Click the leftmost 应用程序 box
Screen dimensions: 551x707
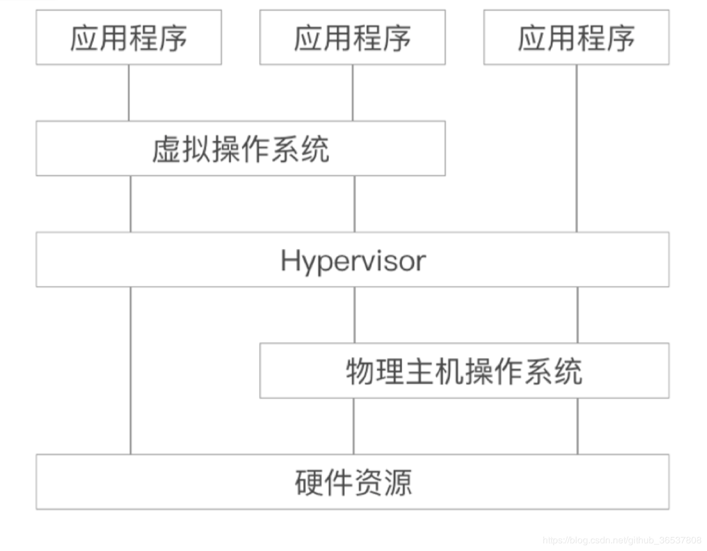pyautogui.click(x=128, y=37)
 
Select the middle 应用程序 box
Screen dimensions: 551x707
pyautogui.click(x=352, y=37)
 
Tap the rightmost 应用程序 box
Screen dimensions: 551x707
pyautogui.click(x=576, y=37)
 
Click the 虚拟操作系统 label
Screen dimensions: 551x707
pyautogui.click(x=240, y=149)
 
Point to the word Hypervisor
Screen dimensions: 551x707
pyautogui.click(x=352, y=260)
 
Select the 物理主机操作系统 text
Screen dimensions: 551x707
pyautogui.click(x=464, y=371)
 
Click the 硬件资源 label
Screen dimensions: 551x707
pyautogui.click(x=352, y=482)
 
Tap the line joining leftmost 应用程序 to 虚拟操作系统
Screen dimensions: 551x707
pyautogui.click(x=128, y=92)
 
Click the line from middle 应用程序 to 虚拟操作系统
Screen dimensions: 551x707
pyautogui.click(x=353, y=92)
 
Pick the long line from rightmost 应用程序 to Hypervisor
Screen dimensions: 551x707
pyautogui.click(x=576, y=147)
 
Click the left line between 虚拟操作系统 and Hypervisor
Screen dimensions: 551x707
pyautogui.click(x=130, y=203)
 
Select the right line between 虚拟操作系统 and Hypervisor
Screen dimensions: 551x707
pyautogui.click(x=354, y=203)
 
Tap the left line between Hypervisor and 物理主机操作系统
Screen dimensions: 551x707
pyautogui.click(x=354, y=314)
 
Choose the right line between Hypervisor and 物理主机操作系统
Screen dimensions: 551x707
pyautogui.click(x=577, y=314)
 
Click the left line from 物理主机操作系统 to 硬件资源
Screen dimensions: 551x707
pyautogui.click(x=354, y=426)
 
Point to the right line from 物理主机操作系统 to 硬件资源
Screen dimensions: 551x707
pyautogui.click(x=577, y=426)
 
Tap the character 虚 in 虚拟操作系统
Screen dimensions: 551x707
pyautogui.click(x=166, y=149)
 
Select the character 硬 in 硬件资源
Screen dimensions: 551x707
pyautogui.click(x=309, y=482)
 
